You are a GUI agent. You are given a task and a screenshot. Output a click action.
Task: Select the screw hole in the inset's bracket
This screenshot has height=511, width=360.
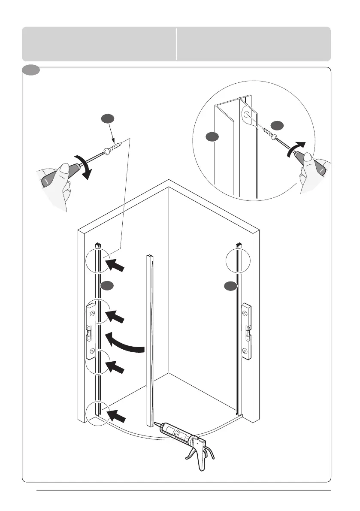click(x=248, y=115)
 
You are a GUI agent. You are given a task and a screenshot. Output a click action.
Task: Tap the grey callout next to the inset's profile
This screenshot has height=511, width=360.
click(x=211, y=137)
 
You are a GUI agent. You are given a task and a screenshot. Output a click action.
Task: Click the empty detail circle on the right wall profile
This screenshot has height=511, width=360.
click(x=237, y=260)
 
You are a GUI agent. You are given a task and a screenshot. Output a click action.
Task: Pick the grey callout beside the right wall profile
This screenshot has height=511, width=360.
click(x=231, y=286)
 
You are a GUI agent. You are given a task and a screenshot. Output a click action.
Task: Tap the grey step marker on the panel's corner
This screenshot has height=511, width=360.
click(x=31, y=70)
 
